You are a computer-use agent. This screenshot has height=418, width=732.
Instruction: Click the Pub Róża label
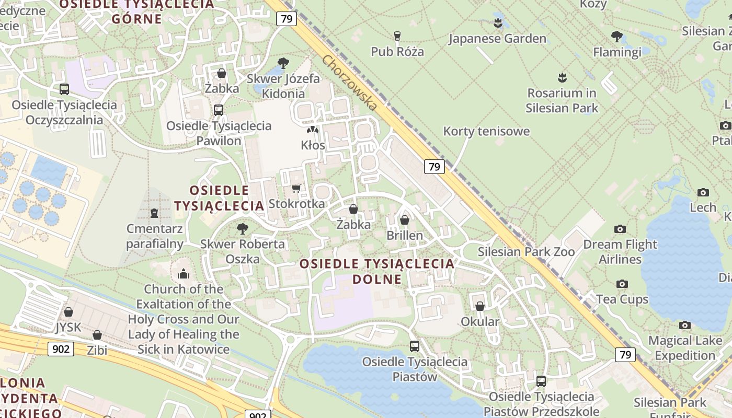click(397, 51)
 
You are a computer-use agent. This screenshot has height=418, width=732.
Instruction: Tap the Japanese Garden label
click(497, 39)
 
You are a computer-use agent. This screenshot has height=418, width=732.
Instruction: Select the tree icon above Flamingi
click(617, 37)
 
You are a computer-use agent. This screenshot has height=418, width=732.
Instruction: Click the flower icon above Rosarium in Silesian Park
click(562, 78)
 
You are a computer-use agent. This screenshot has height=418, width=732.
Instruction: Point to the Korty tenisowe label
click(486, 131)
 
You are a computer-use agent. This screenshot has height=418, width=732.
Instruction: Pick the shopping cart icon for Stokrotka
click(296, 188)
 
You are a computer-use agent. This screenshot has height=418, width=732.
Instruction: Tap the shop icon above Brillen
click(405, 220)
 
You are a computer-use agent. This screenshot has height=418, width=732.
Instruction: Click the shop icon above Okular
click(480, 306)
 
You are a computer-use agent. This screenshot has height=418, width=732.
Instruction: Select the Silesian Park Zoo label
click(526, 252)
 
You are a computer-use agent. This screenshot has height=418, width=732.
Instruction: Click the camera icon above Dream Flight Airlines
click(620, 229)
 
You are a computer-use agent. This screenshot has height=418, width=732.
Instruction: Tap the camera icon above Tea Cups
click(622, 284)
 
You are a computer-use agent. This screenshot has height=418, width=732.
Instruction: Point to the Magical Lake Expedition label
click(684, 348)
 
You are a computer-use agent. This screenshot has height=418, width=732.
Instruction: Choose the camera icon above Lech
click(703, 192)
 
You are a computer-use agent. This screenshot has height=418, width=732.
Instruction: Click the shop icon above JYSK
click(68, 312)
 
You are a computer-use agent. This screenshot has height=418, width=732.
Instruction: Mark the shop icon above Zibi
click(97, 335)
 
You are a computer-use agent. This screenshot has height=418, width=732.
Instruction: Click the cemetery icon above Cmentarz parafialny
click(154, 213)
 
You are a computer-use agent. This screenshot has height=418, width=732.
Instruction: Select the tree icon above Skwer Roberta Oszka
click(242, 228)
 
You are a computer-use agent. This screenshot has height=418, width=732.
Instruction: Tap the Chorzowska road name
click(350, 83)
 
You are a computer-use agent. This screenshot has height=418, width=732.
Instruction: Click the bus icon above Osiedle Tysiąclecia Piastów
click(415, 346)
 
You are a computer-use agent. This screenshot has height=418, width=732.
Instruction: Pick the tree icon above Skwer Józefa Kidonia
click(283, 63)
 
